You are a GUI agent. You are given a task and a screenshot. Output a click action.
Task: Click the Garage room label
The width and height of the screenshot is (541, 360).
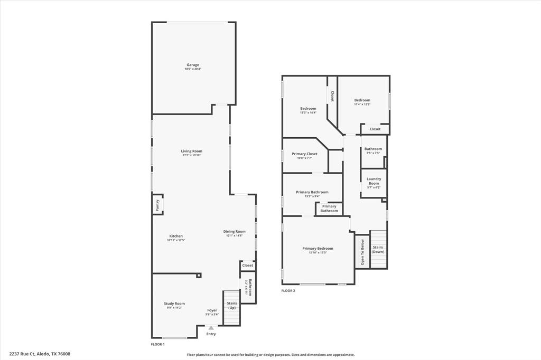point(192,65)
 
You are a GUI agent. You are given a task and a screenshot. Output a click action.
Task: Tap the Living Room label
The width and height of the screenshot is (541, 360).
point(192,151)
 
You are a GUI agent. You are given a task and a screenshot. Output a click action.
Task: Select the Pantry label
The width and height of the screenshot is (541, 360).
point(157,204)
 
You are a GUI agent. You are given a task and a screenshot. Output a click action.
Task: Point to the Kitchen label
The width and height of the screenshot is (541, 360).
point(176,236)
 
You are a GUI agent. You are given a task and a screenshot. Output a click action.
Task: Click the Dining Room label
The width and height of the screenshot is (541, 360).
point(234,231)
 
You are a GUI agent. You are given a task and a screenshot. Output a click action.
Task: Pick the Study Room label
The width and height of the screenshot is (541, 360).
point(174,304)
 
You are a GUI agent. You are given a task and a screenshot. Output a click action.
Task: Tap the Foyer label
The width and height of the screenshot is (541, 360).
point(212,310)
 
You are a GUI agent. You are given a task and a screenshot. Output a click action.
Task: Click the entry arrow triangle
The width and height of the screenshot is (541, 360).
point(211,328)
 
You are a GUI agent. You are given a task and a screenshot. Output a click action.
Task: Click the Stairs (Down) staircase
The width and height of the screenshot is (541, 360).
point(378,249)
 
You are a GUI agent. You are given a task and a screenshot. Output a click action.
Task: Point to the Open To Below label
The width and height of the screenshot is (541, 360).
point(362,252)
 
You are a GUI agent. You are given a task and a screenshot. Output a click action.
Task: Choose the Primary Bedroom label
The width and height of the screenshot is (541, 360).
point(318,248)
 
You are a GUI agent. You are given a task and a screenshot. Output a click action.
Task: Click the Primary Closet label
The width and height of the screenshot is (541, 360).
point(304,154)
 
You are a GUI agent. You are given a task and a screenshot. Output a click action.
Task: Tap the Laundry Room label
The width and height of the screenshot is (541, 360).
point(374,181)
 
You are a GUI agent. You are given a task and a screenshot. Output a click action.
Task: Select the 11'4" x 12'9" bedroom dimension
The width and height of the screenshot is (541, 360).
point(362,105)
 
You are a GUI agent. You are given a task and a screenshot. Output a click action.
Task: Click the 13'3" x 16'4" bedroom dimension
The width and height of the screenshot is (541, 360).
point(308,112)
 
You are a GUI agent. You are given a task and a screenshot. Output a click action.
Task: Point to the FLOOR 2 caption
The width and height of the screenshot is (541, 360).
point(288,291)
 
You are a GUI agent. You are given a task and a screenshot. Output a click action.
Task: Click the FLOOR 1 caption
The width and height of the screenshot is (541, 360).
point(158,344)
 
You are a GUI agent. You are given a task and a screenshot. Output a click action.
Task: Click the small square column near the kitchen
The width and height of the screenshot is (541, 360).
point(199,275)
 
